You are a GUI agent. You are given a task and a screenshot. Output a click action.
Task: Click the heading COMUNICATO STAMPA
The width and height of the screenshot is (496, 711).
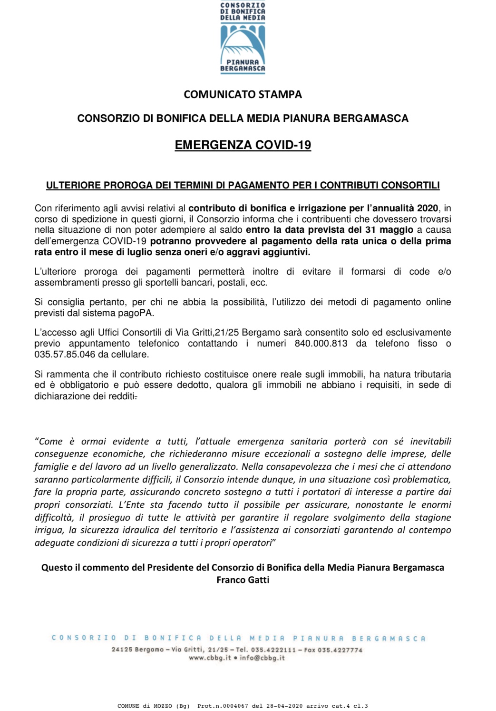[x=243, y=94]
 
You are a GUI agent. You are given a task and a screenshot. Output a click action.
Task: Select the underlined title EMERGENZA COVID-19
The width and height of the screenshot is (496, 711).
[x=243, y=145]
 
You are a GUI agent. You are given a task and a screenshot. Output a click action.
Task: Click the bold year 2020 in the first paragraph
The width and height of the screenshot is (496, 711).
[x=428, y=208]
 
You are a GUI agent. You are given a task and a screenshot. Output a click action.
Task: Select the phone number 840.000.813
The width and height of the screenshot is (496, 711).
[x=321, y=343]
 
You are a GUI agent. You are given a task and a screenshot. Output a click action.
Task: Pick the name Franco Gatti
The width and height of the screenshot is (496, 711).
[x=243, y=580]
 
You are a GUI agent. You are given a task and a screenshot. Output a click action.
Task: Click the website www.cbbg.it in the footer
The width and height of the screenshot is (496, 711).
[x=210, y=658]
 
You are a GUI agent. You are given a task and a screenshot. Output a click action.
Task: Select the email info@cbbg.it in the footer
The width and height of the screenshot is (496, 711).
[x=262, y=658]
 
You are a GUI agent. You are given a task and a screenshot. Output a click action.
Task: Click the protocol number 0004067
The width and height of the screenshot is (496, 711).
[x=236, y=706]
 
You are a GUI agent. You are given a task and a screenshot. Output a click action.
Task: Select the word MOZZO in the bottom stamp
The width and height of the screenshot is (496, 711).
[x=163, y=706]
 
